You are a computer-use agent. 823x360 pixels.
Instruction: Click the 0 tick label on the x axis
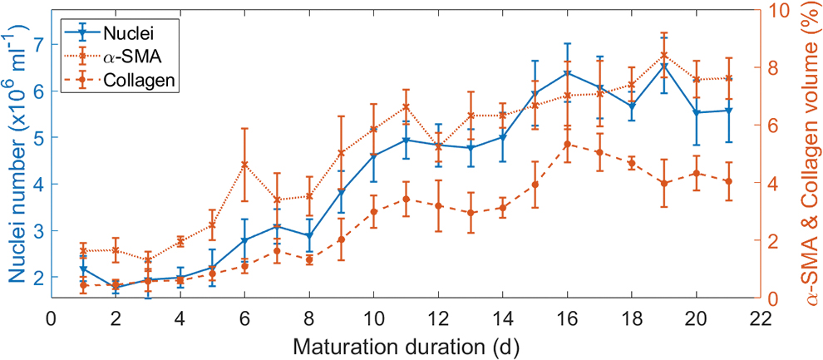[51, 318]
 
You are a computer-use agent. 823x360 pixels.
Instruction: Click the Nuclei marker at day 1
[83, 269]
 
